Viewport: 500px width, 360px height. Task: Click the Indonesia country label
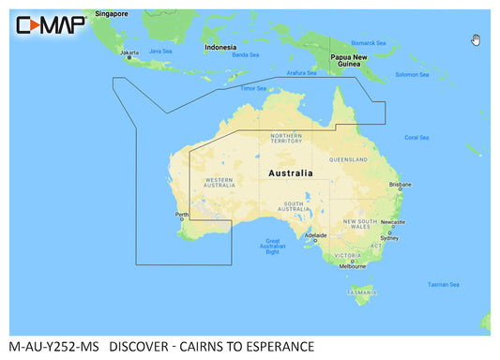click(x=220, y=46)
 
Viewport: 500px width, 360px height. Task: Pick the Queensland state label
click(x=348, y=159)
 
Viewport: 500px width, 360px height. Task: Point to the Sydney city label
click(x=389, y=238)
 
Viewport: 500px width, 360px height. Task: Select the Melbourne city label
click(x=352, y=265)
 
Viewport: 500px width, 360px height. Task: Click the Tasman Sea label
click(x=443, y=284)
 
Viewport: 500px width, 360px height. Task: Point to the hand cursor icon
click(x=476, y=39)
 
